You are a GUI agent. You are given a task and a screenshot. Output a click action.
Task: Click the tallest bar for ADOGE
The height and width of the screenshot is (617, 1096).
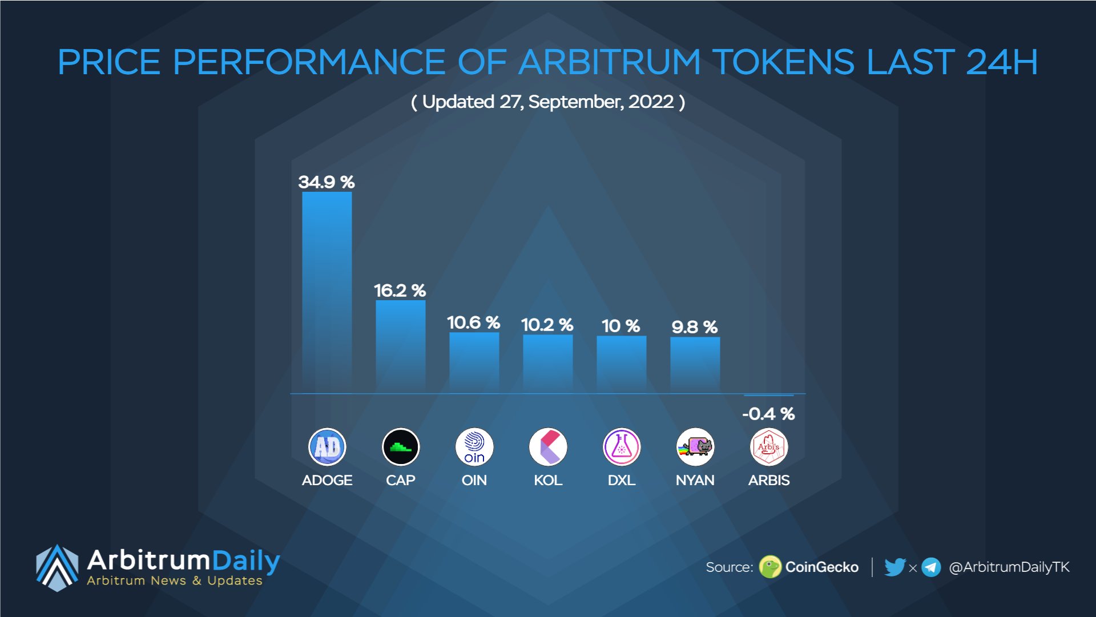click(327, 291)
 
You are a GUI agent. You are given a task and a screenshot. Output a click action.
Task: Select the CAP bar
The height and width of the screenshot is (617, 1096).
click(400, 346)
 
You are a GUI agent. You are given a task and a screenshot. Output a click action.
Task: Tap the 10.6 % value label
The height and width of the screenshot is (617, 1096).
click(473, 322)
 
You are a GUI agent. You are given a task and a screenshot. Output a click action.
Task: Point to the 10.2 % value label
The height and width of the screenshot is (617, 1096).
click(547, 325)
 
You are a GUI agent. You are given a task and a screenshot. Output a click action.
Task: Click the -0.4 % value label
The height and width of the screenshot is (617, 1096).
click(768, 414)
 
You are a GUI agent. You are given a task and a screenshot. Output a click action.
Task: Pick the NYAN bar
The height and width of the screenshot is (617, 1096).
click(695, 364)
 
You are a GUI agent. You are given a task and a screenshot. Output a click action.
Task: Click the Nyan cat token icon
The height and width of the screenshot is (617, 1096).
click(695, 447)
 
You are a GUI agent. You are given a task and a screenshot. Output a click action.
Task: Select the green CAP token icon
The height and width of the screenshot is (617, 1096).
click(400, 447)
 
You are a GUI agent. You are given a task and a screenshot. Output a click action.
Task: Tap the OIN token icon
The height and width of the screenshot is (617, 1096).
click(474, 447)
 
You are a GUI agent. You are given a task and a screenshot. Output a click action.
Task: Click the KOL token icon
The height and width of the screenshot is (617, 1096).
click(547, 447)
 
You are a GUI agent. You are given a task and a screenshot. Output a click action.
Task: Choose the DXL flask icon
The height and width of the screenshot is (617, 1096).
click(621, 447)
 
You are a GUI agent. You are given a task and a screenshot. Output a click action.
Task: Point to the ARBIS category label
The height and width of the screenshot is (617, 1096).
click(768, 480)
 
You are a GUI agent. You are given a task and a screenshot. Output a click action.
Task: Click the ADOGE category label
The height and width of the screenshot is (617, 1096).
click(327, 480)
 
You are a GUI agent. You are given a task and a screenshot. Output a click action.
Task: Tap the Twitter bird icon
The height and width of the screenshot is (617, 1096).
click(894, 567)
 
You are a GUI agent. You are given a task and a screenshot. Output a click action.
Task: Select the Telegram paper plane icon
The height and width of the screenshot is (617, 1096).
click(931, 567)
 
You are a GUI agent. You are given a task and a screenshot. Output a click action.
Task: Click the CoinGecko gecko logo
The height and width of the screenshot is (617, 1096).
click(770, 567)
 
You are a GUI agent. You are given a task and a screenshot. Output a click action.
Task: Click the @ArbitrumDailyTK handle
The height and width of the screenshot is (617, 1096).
click(1009, 567)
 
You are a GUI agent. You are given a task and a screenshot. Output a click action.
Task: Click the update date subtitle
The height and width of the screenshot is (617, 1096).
click(548, 102)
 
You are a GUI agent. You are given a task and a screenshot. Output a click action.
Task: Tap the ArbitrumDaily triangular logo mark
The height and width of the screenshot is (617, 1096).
click(57, 567)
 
